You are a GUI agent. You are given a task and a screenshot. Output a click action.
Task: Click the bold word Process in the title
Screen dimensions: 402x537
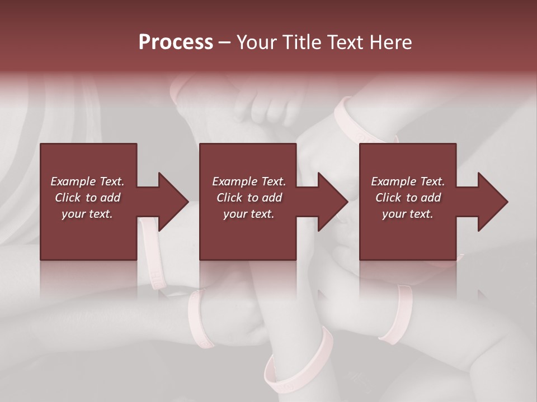point(176,42)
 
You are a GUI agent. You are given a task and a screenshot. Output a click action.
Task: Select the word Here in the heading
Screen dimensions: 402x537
point(391,42)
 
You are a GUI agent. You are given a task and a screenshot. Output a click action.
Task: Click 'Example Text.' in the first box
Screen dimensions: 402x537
point(87,181)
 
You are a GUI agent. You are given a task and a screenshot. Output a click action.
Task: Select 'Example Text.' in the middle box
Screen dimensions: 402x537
point(249,181)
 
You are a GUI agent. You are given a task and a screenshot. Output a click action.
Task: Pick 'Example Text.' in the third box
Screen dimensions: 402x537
point(408,181)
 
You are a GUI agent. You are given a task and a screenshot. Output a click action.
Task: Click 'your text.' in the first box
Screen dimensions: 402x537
point(87,214)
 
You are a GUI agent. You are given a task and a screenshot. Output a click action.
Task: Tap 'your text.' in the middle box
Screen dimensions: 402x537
point(249,214)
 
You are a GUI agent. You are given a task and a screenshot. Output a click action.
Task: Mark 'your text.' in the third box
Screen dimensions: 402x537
point(408,214)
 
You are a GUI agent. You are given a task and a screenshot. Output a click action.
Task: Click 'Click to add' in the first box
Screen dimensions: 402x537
point(87,198)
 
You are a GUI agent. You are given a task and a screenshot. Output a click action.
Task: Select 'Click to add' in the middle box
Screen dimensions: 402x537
point(249,198)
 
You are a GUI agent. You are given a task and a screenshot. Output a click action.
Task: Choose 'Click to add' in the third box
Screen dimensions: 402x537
point(408,198)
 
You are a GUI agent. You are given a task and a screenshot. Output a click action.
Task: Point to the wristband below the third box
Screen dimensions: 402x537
point(396,313)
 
